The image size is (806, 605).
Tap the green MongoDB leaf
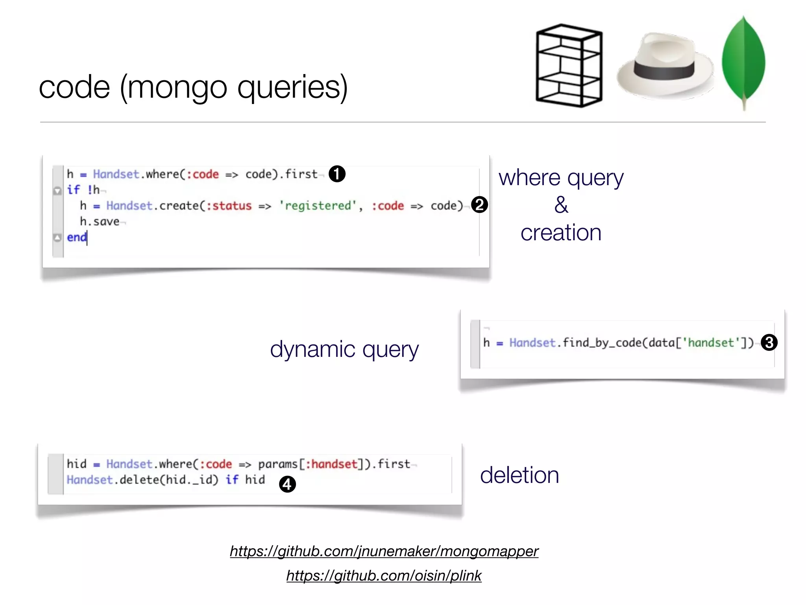coord(743,61)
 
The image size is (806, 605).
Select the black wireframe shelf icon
coord(569,66)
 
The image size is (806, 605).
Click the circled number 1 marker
coord(337,174)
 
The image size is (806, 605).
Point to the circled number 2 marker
coord(479,205)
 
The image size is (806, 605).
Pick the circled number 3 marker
coord(769,342)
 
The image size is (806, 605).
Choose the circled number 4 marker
coord(287,484)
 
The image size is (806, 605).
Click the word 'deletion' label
coord(519,475)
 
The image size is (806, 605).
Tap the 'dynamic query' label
coord(344,349)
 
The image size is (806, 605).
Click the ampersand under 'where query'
coord(561,205)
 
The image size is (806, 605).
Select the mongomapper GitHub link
coord(384,551)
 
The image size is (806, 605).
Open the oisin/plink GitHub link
coord(384,575)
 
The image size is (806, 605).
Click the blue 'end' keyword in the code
coord(77,237)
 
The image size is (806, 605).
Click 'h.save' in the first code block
coord(100,222)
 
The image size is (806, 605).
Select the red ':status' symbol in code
coord(229,206)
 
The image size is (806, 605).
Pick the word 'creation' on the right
coord(561,232)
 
